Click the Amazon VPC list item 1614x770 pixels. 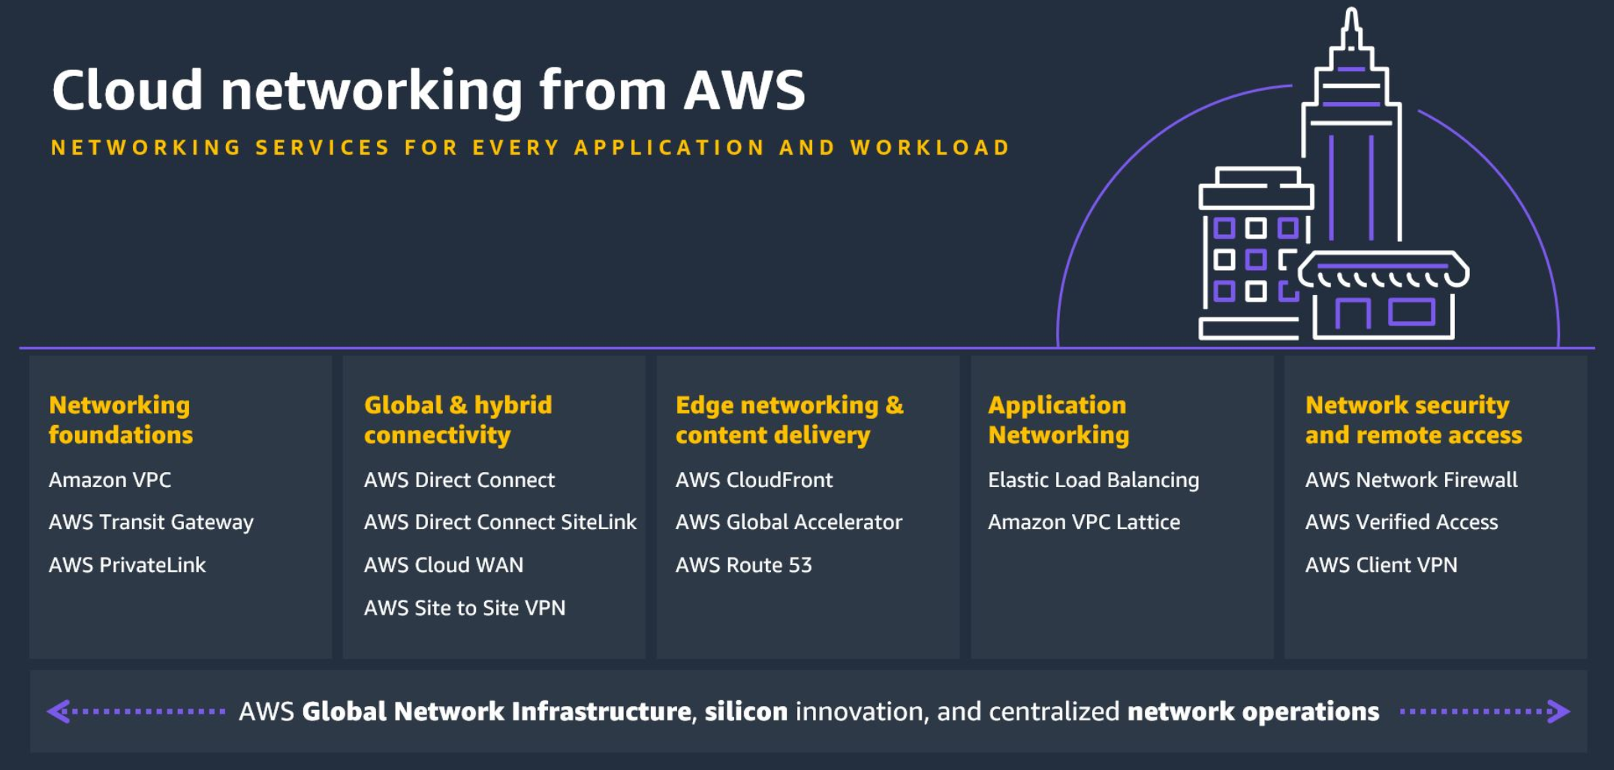[110, 480]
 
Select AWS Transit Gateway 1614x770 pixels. [151, 522]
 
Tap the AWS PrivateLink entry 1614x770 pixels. [127, 565]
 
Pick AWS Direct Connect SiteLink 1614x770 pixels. [500, 522]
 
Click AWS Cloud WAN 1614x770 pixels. [444, 565]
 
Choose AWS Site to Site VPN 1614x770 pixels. [465, 608]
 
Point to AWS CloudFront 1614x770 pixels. [754, 480]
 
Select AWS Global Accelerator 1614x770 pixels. [788, 522]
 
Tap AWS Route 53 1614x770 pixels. [743, 565]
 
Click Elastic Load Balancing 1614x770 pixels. [1093, 480]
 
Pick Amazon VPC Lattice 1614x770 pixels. [1083, 522]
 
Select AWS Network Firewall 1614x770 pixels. [1411, 480]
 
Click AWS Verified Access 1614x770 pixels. [1401, 522]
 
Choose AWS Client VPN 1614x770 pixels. [1381, 565]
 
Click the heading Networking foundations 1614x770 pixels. [120, 420]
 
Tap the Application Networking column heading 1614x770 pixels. [1058, 420]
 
